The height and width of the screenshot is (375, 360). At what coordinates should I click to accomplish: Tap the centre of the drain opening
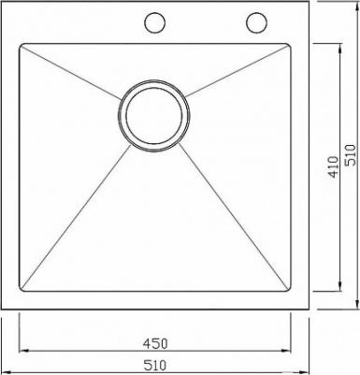point(153,116)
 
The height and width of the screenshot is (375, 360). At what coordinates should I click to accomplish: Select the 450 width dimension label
point(155,343)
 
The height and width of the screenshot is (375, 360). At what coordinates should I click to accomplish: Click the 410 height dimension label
point(333,167)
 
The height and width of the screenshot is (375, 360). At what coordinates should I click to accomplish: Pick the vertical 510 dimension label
point(351,154)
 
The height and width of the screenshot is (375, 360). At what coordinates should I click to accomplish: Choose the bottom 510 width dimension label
point(155,365)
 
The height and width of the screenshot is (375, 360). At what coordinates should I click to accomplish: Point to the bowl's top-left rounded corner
point(22,46)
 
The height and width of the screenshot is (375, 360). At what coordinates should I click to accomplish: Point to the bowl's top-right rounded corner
point(289,46)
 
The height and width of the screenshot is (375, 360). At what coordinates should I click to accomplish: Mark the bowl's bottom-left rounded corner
point(22,289)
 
